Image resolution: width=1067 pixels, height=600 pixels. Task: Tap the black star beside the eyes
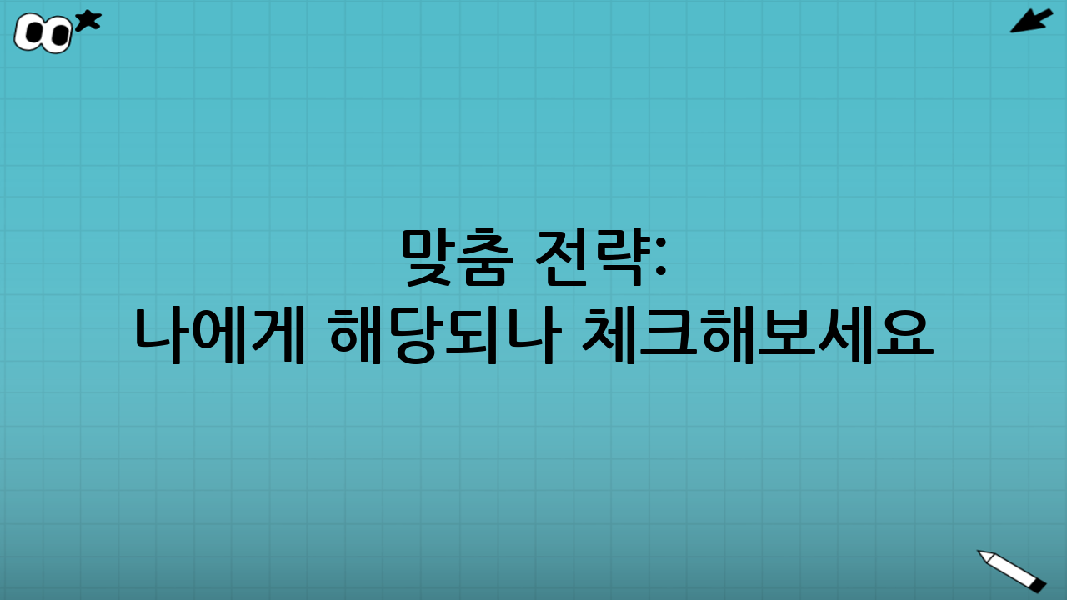point(88,21)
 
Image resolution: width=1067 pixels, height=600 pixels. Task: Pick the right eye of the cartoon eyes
point(58,35)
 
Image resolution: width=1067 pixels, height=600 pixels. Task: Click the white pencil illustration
point(1011,570)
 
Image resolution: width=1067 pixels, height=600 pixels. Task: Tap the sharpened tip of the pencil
point(983,553)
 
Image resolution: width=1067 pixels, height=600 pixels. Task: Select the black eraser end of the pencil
point(1038,585)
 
